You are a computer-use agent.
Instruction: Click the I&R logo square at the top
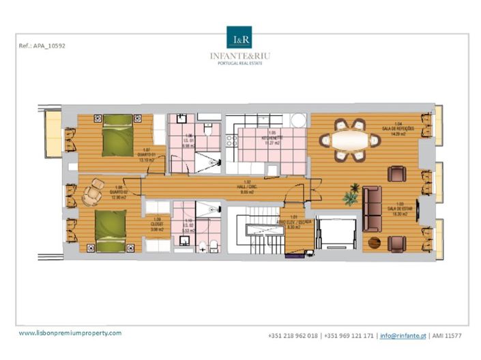[x=239, y=37]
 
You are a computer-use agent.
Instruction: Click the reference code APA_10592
[x=42, y=47]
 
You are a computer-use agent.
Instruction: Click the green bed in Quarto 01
[x=117, y=135]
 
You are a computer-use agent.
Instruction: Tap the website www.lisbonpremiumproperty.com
[x=70, y=333]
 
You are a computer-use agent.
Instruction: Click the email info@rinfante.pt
[x=404, y=336]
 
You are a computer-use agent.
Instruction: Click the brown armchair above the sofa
[x=396, y=175]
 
